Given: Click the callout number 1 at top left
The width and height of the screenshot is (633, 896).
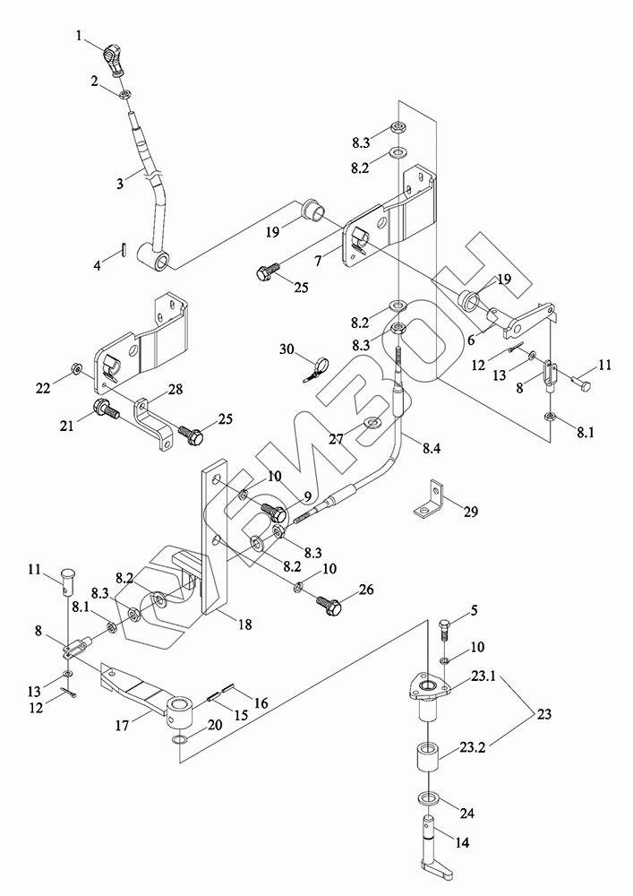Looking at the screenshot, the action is coord(81,36).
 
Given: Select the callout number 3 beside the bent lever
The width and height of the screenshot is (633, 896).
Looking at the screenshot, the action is coord(119,184).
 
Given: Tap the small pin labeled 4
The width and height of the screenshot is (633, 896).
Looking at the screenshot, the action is coord(124,250).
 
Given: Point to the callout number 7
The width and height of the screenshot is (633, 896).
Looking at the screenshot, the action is coord(317,260).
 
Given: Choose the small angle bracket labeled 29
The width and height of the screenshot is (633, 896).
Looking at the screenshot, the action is coord(429,499).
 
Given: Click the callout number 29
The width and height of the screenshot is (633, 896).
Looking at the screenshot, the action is coord(471,512).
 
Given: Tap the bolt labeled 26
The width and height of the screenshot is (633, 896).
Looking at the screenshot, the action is coord(329,604).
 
